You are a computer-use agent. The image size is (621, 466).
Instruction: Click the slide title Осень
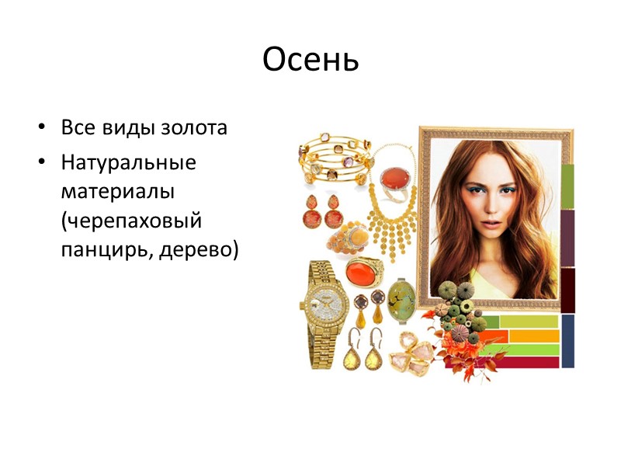310,60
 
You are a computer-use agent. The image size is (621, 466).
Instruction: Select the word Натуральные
129,163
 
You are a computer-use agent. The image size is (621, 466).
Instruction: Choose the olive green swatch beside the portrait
567,186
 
